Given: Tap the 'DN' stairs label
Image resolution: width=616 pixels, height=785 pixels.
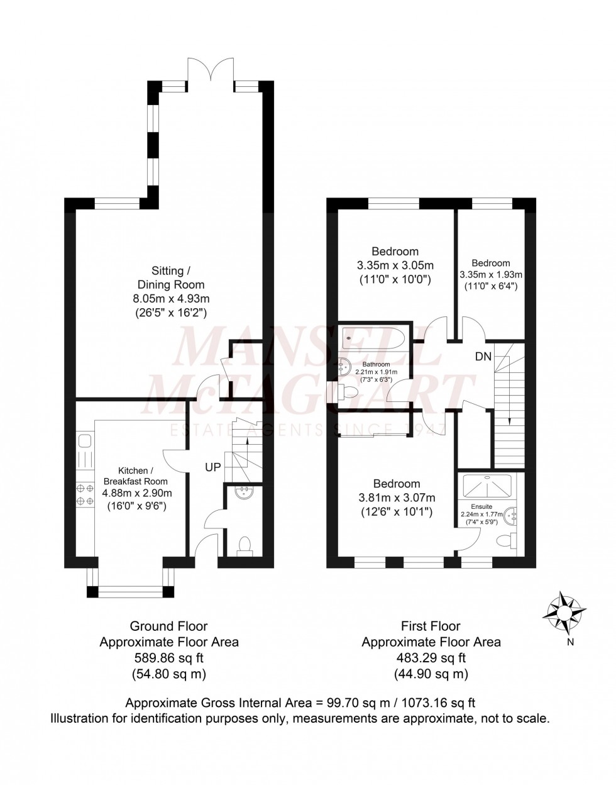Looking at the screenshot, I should (483, 357).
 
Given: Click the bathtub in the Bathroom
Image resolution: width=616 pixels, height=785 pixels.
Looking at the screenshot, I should (375, 340).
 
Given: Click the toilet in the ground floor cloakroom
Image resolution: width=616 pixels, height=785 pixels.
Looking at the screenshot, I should (245, 545).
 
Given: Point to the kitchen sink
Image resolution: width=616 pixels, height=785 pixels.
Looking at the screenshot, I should (84, 441).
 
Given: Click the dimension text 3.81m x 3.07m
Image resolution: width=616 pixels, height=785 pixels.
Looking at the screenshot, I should (397, 498).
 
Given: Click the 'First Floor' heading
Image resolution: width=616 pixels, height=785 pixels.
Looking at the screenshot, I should (431, 626).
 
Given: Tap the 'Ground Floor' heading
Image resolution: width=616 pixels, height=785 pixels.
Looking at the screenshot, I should (168, 626).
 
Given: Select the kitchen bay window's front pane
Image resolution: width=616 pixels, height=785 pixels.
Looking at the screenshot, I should (131, 591).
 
